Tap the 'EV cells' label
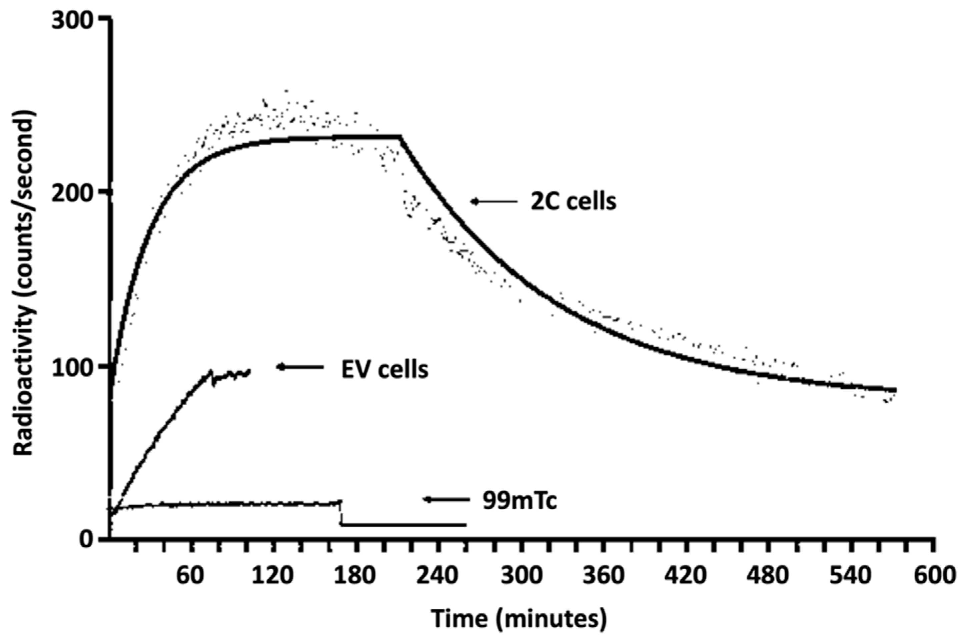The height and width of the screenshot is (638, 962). pyautogui.click(x=384, y=370)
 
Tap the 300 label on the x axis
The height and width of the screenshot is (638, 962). pyautogui.click(x=521, y=577)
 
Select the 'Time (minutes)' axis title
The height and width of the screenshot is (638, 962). pyautogui.click(x=519, y=619)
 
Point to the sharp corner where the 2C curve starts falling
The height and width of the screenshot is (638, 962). pyautogui.click(x=400, y=137)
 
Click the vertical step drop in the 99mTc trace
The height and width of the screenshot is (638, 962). pyautogui.click(x=340, y=513)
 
